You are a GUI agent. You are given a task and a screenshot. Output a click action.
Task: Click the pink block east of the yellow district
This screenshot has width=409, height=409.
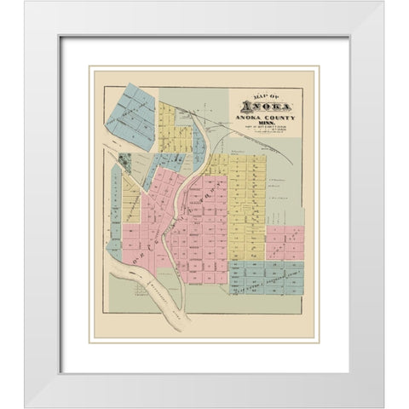pyautogui.click(x=285, y=242)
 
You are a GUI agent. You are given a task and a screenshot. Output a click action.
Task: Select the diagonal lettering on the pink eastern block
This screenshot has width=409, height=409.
pyautogui.click(x=281, y=245)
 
